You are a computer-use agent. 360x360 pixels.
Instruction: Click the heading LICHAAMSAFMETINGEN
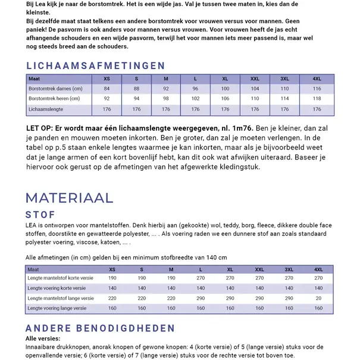pos(96,66)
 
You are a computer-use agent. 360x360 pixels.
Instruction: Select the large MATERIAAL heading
pos(70,198)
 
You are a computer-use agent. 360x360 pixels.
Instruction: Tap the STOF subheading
pos(41,215)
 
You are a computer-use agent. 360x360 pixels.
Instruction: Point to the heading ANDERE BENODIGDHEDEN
pos(100,328)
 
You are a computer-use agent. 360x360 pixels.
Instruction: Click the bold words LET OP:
pos(40,129)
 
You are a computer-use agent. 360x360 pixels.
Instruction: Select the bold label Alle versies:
pos(43,338)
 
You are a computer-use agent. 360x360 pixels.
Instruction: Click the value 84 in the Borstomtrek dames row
pos(107,89)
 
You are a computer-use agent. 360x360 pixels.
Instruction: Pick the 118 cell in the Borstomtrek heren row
pos(317,99)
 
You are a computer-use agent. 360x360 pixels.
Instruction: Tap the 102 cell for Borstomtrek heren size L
pos(196,99)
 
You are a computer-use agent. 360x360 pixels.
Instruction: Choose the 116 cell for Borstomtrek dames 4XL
pos(317,89)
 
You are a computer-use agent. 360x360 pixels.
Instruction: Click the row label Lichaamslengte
pos(46,109)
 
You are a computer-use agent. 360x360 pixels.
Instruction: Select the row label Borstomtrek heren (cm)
pos(54,99)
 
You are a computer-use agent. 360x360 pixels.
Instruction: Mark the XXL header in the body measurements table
pos(255,79)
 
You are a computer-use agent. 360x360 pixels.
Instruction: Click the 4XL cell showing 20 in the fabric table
pos(319,298)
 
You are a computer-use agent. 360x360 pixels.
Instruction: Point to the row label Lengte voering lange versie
pos(60,309)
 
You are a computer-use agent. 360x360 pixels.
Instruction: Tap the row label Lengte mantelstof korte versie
pos(61,278)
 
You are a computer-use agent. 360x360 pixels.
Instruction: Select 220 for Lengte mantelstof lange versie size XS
pos(112,298)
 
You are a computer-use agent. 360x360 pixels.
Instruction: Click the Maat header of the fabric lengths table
pos(33,270)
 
